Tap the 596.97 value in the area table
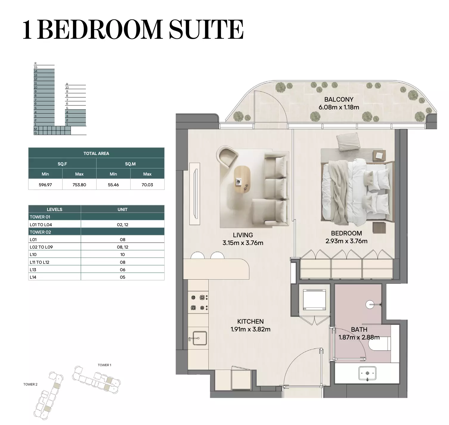(45, 185)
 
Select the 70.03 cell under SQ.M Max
(147, 185)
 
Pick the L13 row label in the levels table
(33, 270)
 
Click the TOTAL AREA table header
(96, 153)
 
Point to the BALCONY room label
(339, 100)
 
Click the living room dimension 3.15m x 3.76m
(243, 243)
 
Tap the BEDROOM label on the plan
(346, 233)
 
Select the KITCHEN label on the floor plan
(250, 322)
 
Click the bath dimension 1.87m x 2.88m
(359, 337)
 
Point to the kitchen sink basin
(199, 338)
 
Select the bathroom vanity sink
(367, 373)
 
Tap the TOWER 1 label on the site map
(104, 365)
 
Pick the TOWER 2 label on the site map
(30, 384)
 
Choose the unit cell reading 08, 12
(123, 247)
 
